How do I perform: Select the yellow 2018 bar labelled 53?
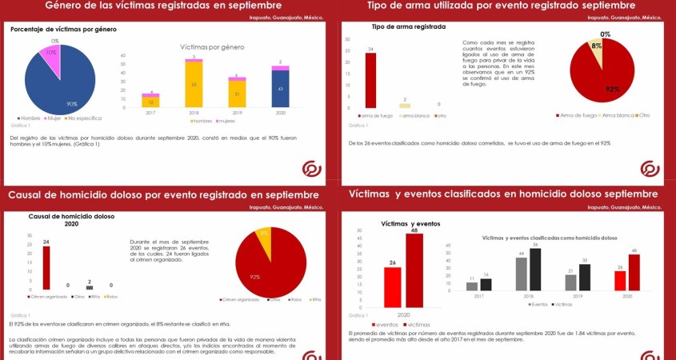tap(194, 84)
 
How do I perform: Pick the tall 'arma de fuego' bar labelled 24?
tap(371, 81)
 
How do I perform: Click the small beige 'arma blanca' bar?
tap(405, 105)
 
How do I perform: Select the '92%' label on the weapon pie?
tap(612, 89)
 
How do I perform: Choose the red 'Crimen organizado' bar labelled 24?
tap(46, 267)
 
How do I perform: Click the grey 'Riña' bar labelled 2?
tap(90, 286)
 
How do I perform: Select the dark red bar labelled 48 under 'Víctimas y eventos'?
tap(414, 270)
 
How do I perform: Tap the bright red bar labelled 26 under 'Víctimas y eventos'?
tap(393, 286)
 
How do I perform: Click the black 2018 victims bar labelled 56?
tap(535, 270)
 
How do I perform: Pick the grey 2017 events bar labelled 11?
tap(472, 286)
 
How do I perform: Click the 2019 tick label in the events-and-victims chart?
tap(577, 296)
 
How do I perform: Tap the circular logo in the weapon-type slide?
tap(649, 168)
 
